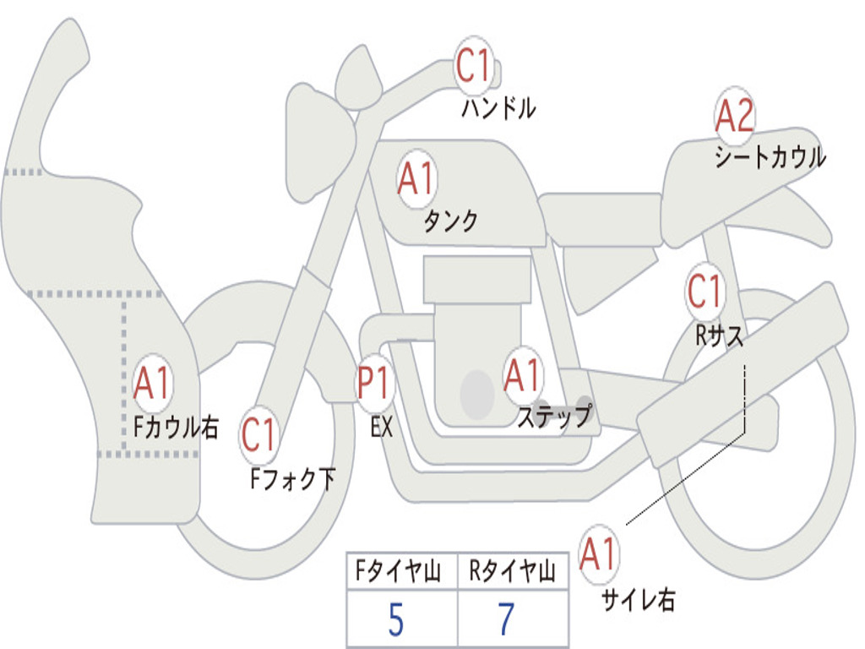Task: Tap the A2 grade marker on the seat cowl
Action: (x=734, y=115)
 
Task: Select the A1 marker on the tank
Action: (x=416, y=178)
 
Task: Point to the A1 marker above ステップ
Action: (x=522, y=375)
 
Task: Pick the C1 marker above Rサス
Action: (x=705, y=291)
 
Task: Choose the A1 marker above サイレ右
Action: (x=598, y=554)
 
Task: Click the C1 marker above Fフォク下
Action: (x=258, y=434)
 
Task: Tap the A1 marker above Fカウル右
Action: (x=152, y=383)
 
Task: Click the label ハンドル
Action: (x=498, y=107)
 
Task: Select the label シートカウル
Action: (x=770, y=156)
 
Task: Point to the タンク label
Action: (x=450, y=221)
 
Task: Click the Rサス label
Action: (x=719, y=335)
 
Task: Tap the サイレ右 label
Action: (x=639, y=599)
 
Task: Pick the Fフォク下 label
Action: (x=292, y=478)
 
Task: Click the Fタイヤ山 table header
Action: (x=398, y=570)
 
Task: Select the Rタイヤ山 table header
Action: (x=512, y=570)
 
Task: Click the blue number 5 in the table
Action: (x=396, y=619)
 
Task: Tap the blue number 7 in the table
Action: (x=507, y=619)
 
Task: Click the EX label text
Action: (x=382, y=427)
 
